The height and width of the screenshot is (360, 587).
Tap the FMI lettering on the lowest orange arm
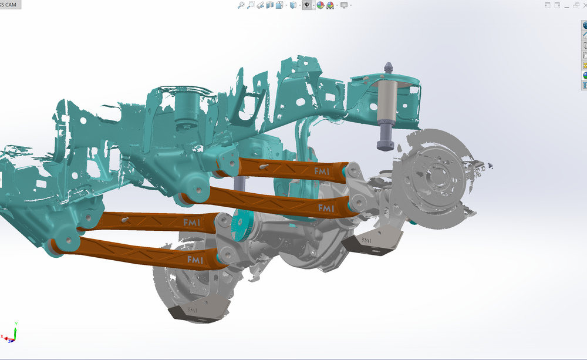point(195,259)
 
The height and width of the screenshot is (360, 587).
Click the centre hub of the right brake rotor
point(436,172)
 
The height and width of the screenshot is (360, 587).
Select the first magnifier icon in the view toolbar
point(241,5)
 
